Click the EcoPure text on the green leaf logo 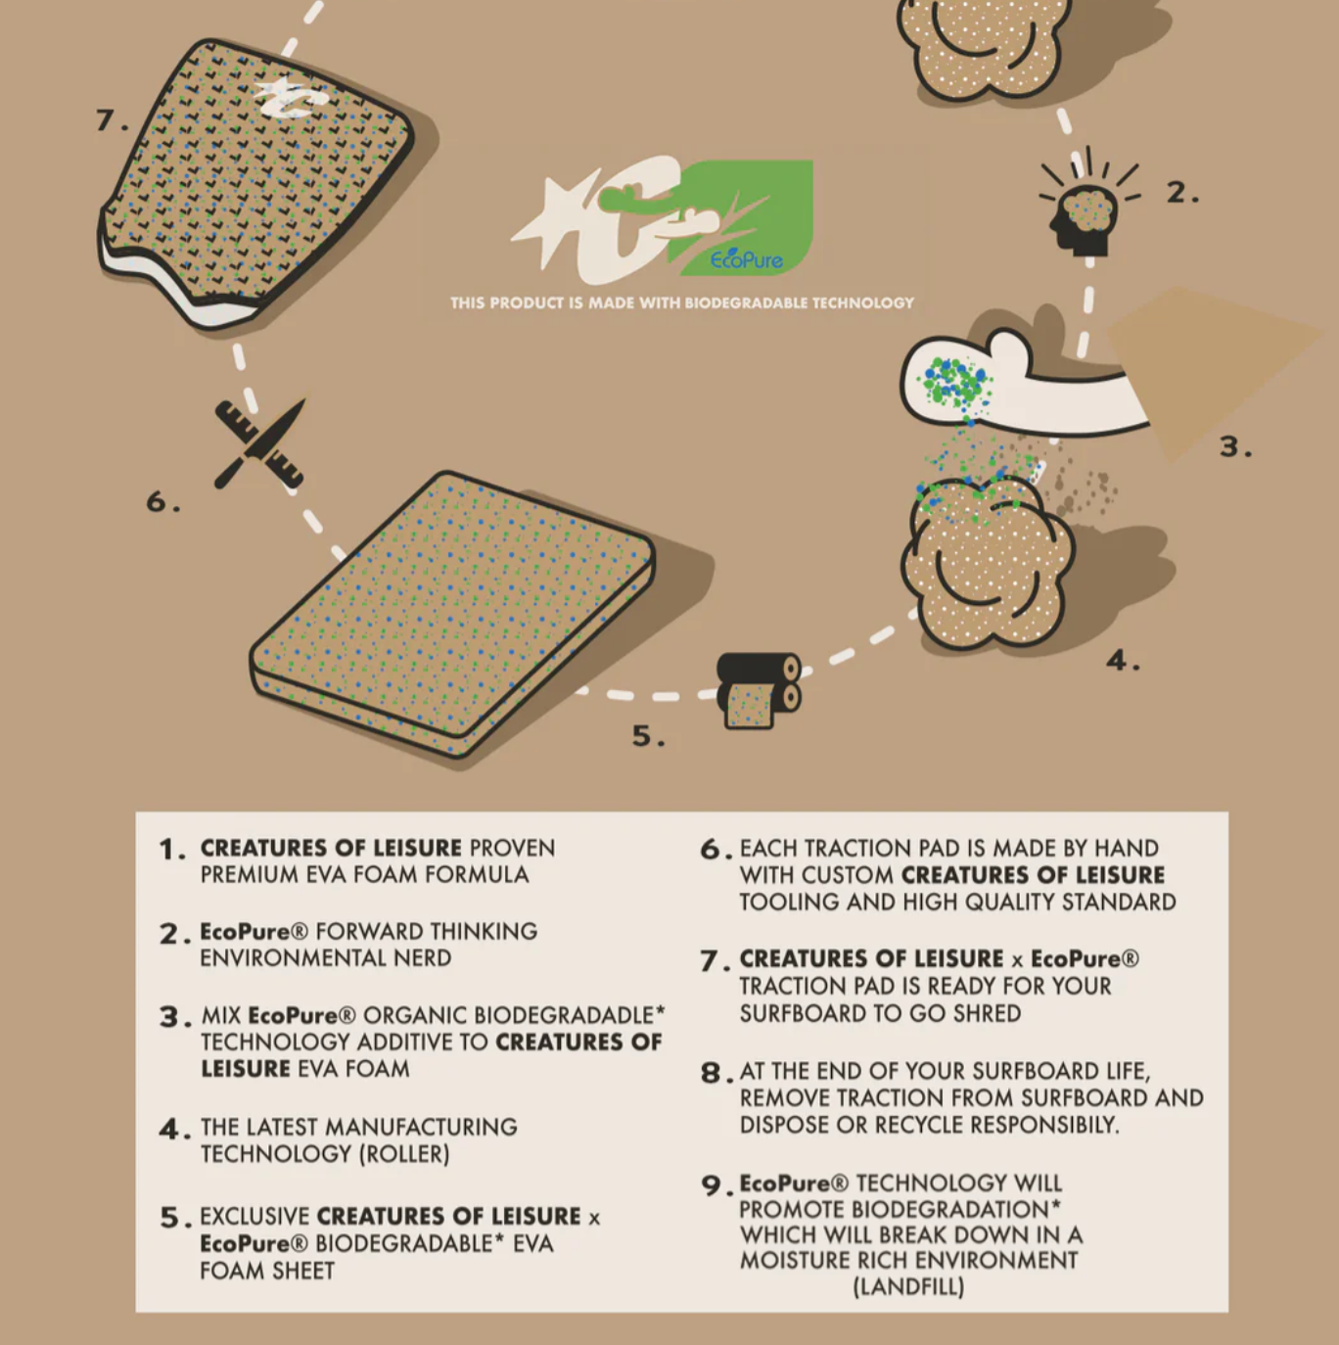coord(746,259)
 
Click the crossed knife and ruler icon coord(259,443)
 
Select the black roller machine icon coord(759,690)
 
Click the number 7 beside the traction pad coord(111,120)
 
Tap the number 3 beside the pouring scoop coord(1235,446)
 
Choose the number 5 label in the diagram coord(648,736)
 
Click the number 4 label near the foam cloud coord(1123,660)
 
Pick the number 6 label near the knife coord(162,501)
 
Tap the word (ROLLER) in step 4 coord(404,1154)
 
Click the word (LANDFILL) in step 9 coord(908,1286)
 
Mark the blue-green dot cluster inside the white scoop coord(955,384)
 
